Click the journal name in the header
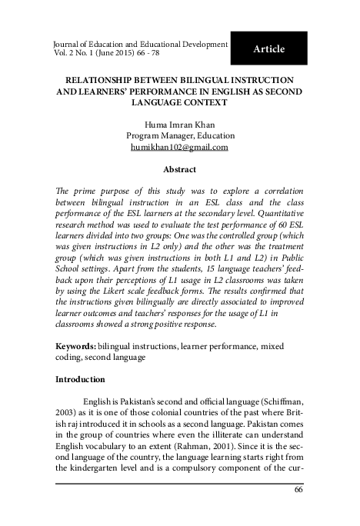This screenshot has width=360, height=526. (x=138, y=45)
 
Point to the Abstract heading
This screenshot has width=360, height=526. (x=180, y=169)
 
